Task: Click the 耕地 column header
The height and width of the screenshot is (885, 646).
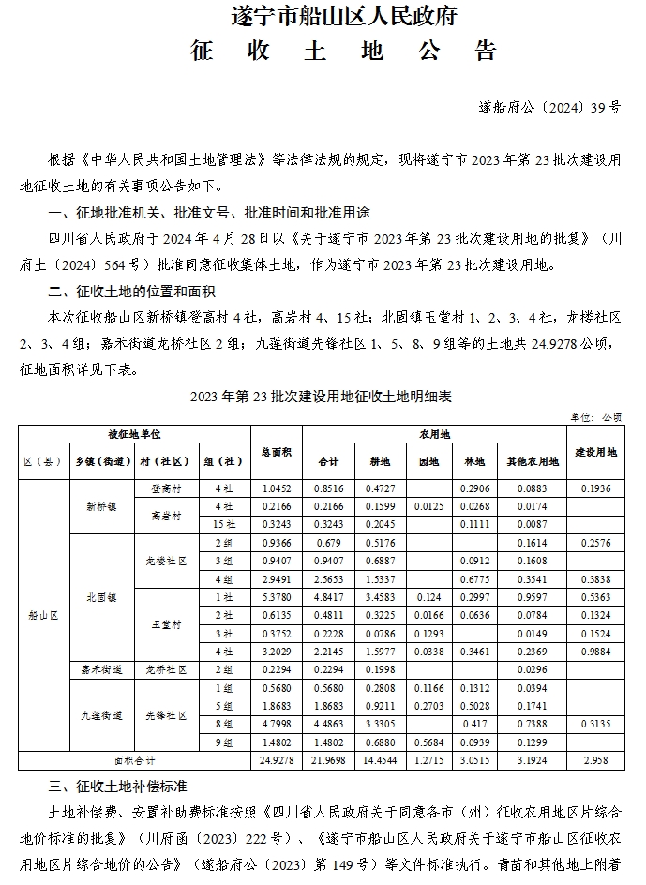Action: (x=380, y=461)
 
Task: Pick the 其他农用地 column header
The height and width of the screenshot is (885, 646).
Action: (x=532, y=461)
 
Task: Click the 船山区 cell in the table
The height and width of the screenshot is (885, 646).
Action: (x=41, y=615)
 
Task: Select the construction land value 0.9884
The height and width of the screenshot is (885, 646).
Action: (x=595, y=651)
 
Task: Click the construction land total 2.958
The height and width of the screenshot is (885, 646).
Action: (x=595, y=759)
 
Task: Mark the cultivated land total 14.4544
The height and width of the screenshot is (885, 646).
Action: (x=380, y=759)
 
